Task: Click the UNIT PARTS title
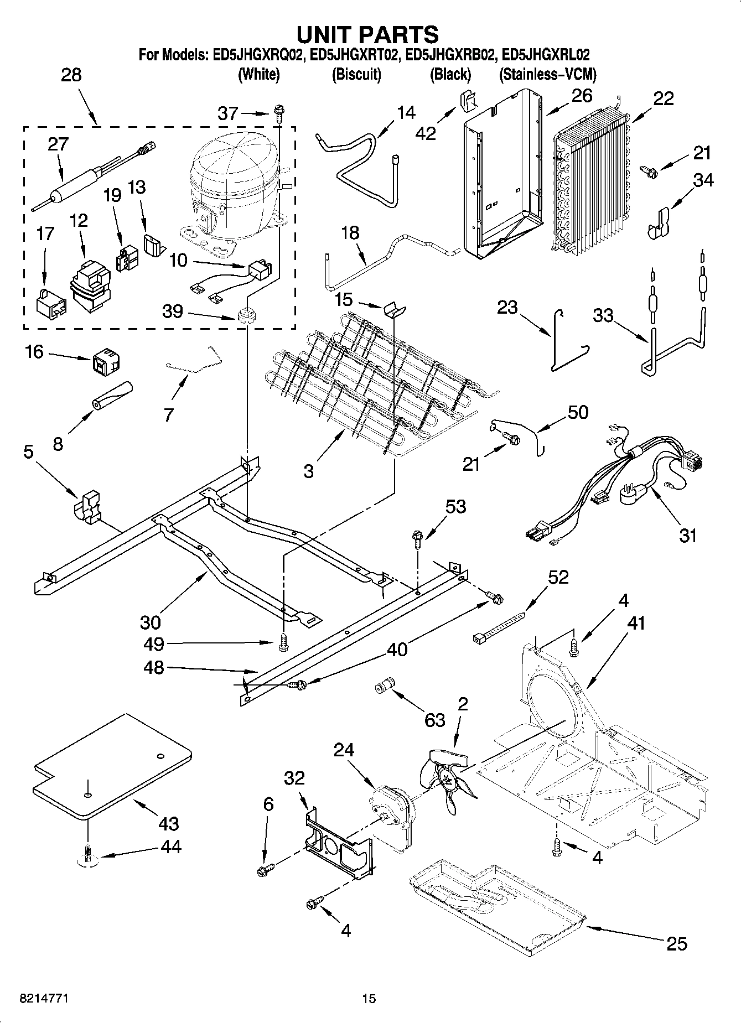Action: point(367,34)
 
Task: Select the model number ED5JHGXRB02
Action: point(450,55)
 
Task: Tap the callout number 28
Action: point(71,75)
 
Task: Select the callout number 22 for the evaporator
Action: point(663,98)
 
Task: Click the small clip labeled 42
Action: point(468,101)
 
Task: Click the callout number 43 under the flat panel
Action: point(168,824)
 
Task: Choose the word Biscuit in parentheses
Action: point(356,74)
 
